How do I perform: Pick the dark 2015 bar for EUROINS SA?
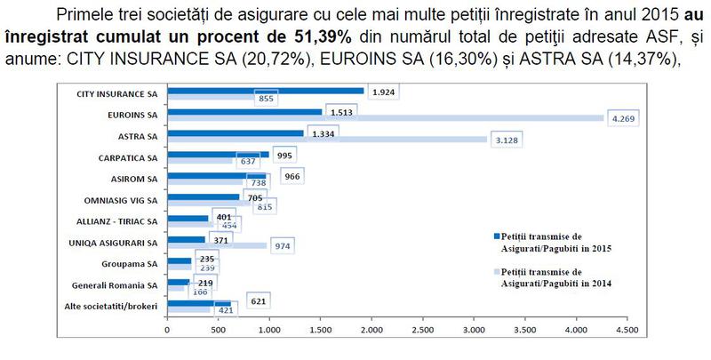point(244,112)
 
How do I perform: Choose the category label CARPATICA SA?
point(127,156)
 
